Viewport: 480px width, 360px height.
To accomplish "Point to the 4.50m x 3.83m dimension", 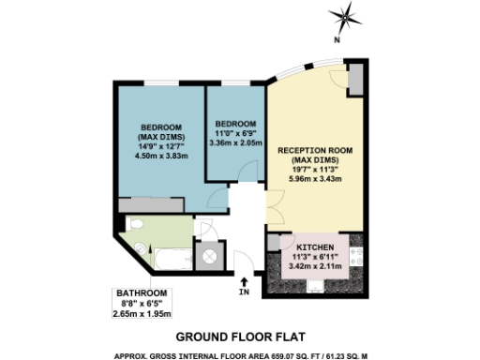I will [x=162, y=157].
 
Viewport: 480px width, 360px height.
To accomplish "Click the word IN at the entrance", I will [x=245, y=292].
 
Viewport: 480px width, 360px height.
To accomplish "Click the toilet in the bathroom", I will [x=139, y=247].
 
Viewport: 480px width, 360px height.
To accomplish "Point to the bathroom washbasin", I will [x=135, y=225].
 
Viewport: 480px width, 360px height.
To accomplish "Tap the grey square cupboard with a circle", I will [x=207, y=252].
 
